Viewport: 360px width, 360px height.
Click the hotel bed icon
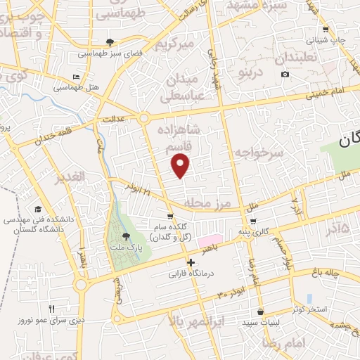(77, 77)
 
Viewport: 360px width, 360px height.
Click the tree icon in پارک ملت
(126, 237)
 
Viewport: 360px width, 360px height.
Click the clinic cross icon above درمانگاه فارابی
(191, 262)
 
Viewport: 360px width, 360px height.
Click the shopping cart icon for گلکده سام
(169, 216)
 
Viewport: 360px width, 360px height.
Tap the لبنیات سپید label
(261, 321)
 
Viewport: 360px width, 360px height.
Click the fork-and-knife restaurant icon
(51, 309)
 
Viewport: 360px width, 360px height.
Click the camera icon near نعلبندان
(285, 74)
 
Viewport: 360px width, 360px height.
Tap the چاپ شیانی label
(330, 40)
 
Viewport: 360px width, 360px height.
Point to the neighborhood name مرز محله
(207, 203)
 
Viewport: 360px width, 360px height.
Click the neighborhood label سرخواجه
(259, 152)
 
